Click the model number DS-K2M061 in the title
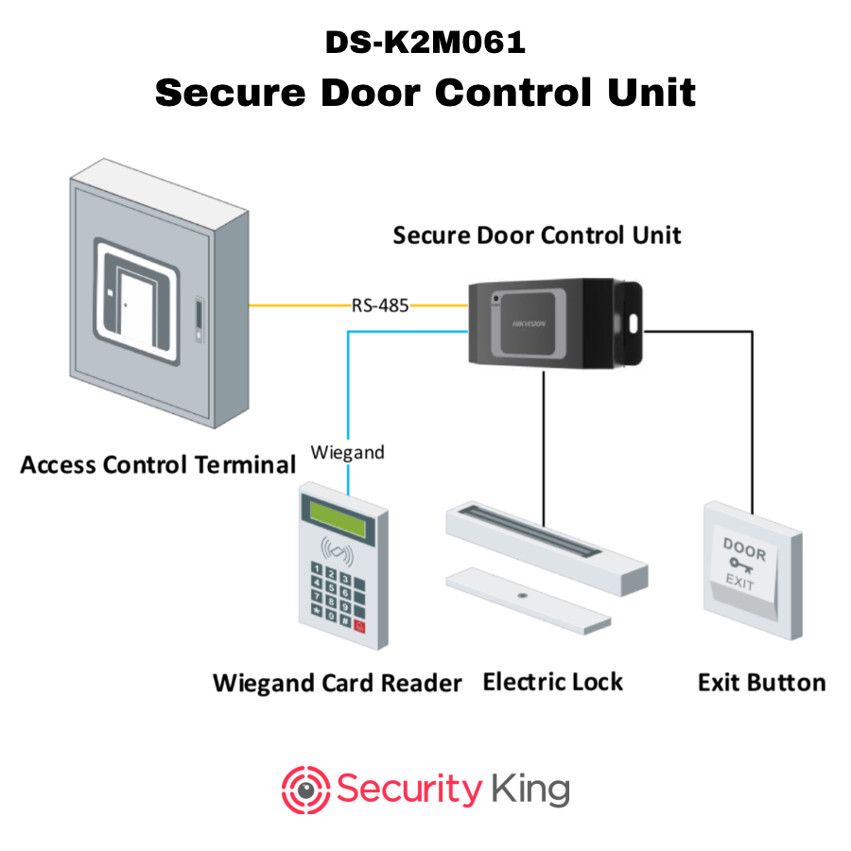425,43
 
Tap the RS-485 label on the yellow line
380,305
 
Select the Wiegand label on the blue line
348,452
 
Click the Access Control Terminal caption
158,465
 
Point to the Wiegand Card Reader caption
338,683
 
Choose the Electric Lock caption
553,682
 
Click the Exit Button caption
761,683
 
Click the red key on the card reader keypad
358,626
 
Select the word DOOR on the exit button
744,547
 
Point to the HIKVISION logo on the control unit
530,324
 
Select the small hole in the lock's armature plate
522,596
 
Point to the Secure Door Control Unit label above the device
536,235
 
